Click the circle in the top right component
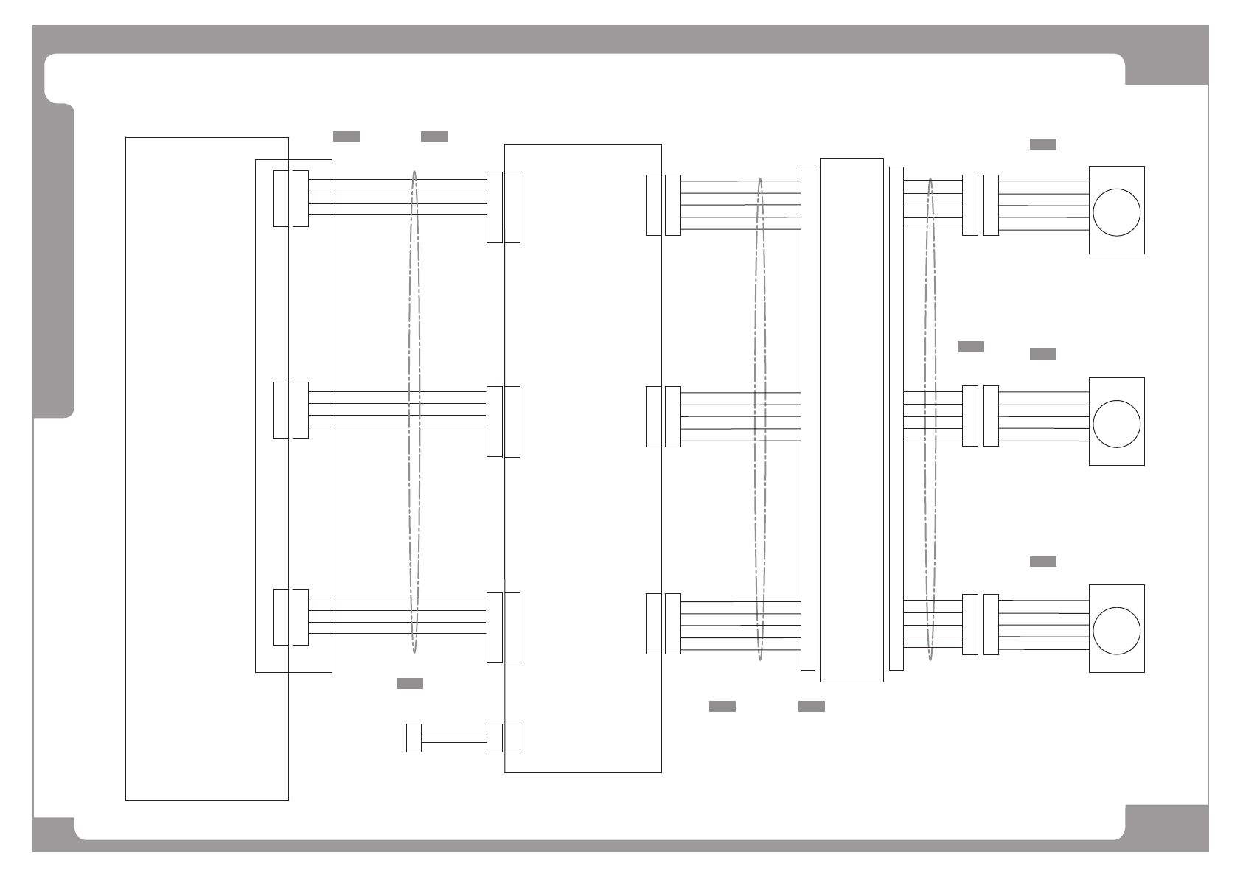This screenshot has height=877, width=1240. pyautogui.click(x=1116, y=212)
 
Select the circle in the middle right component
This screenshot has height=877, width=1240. pyautogui.click(x=1116, y=424)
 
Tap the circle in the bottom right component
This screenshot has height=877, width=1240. pyautogui.click(x=1116, y=631)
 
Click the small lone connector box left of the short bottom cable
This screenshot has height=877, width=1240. pyautogui.click(x=414, y=738)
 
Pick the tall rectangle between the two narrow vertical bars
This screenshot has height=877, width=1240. pyautogui.click(x=851, y=420)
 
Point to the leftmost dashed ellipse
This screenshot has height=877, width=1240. pyautogui.click(x=414, y=413)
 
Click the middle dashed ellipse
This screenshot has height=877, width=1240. pyautogui.click(x=760, y=420)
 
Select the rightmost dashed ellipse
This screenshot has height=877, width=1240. pyautogui.click(x=930, y=420)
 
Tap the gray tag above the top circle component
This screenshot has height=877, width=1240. pyautogui.click(x=1042, y=144)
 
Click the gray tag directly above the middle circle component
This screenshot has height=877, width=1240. pyautogui.click(x=1042, y=354)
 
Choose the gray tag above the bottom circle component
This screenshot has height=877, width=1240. pyautogui.click(x=1042, y=561)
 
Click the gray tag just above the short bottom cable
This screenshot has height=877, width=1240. pyautogui.click(x=409, y=683)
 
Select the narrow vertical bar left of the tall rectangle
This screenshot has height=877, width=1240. pyautogui.click(x=808, y=419)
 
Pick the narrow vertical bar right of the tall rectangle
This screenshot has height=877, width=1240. pyautogui.click(x=896, y=419)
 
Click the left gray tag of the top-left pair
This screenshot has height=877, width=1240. pyautogui.click(x=346, y=136)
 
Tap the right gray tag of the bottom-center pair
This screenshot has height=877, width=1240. pyautogui.click(x=811, y=706)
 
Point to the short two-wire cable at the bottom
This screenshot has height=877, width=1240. pyautogui.click(x=453, y=738)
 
